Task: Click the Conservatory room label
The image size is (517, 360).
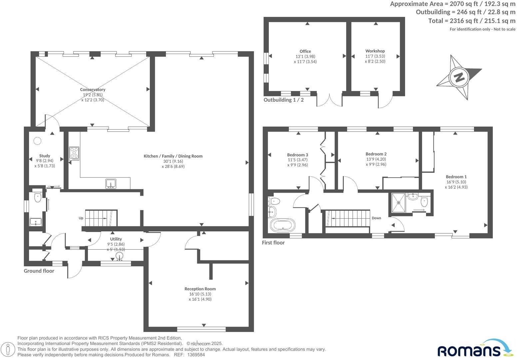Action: click(93, 89)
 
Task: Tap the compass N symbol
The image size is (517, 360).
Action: click(459, 77)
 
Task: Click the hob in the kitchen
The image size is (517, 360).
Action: click(74, 153)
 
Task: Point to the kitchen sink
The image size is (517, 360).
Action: click(111, 184)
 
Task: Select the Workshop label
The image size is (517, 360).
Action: click(375, 51)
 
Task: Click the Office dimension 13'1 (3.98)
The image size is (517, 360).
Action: click(305, 56)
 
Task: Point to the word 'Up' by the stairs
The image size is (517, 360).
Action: click(81, 218)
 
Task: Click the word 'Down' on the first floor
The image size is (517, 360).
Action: click(376, 218)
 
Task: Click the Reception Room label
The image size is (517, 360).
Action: click(200, 289)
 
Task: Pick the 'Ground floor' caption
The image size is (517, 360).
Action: click(39, 271)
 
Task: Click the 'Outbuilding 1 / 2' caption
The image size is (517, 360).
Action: click(283, 100)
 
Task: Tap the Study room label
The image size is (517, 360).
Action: click(45, 156)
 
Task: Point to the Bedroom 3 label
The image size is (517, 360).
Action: click(297, 155)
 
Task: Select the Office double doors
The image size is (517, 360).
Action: click(329, 100)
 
